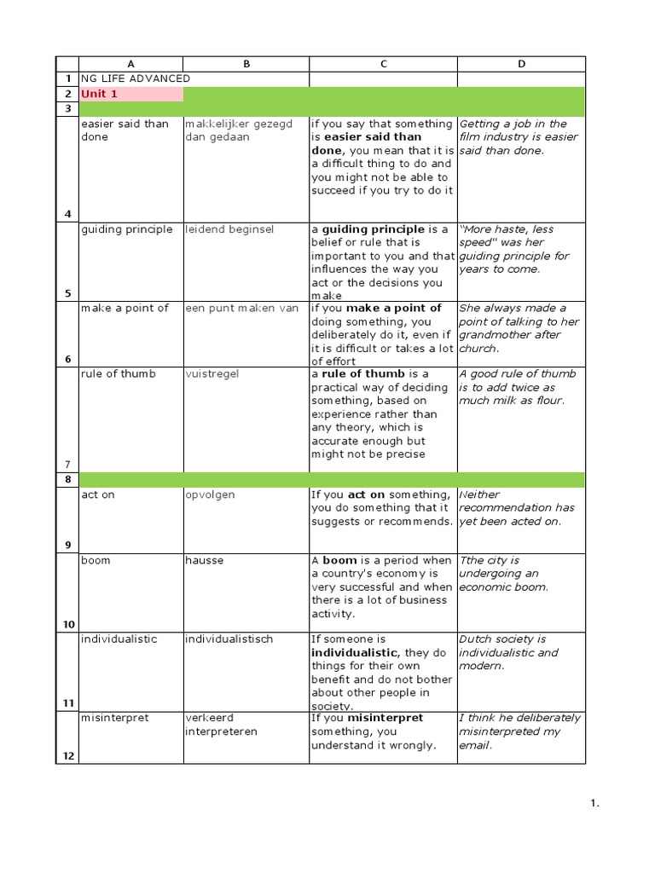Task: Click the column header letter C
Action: coord(383,64)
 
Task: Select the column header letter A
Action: coord(130,64)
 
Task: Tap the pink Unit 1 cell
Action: coord(130,94)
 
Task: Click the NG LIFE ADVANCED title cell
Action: coord(136,78)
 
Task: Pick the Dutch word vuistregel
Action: coord(213,374)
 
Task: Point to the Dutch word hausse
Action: coord(203,561)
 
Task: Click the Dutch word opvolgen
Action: coord(210,494)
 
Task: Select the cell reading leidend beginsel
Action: coord(229,229)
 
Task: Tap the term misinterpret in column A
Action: coord(114,718)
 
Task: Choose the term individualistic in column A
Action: coord(119,639)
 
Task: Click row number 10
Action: coord(67,624)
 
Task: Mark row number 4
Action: coord(67,214)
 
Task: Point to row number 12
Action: coord(67,756)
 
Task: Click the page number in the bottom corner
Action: coord(595,802)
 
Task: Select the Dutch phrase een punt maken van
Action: coord(242,309)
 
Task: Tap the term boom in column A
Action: coord(96,561)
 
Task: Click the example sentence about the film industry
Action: coord(518,137)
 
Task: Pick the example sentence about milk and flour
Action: coord(518,387)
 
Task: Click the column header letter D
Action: coord(521,64)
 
